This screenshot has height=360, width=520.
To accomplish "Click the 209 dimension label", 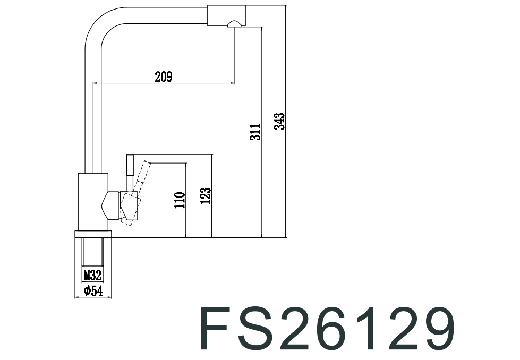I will (x=164, y=77).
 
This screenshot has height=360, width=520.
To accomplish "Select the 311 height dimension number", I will (x=256, y=132).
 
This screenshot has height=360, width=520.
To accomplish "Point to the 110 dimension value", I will (x=180, y=200).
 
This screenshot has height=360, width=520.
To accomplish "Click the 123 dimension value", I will (x=206, y=195).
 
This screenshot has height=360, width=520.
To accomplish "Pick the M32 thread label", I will (x=92, y=275).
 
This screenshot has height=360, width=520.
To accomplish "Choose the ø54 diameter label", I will (x=93, y=290).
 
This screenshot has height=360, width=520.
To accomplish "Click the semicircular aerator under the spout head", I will (x=234, y=23).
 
